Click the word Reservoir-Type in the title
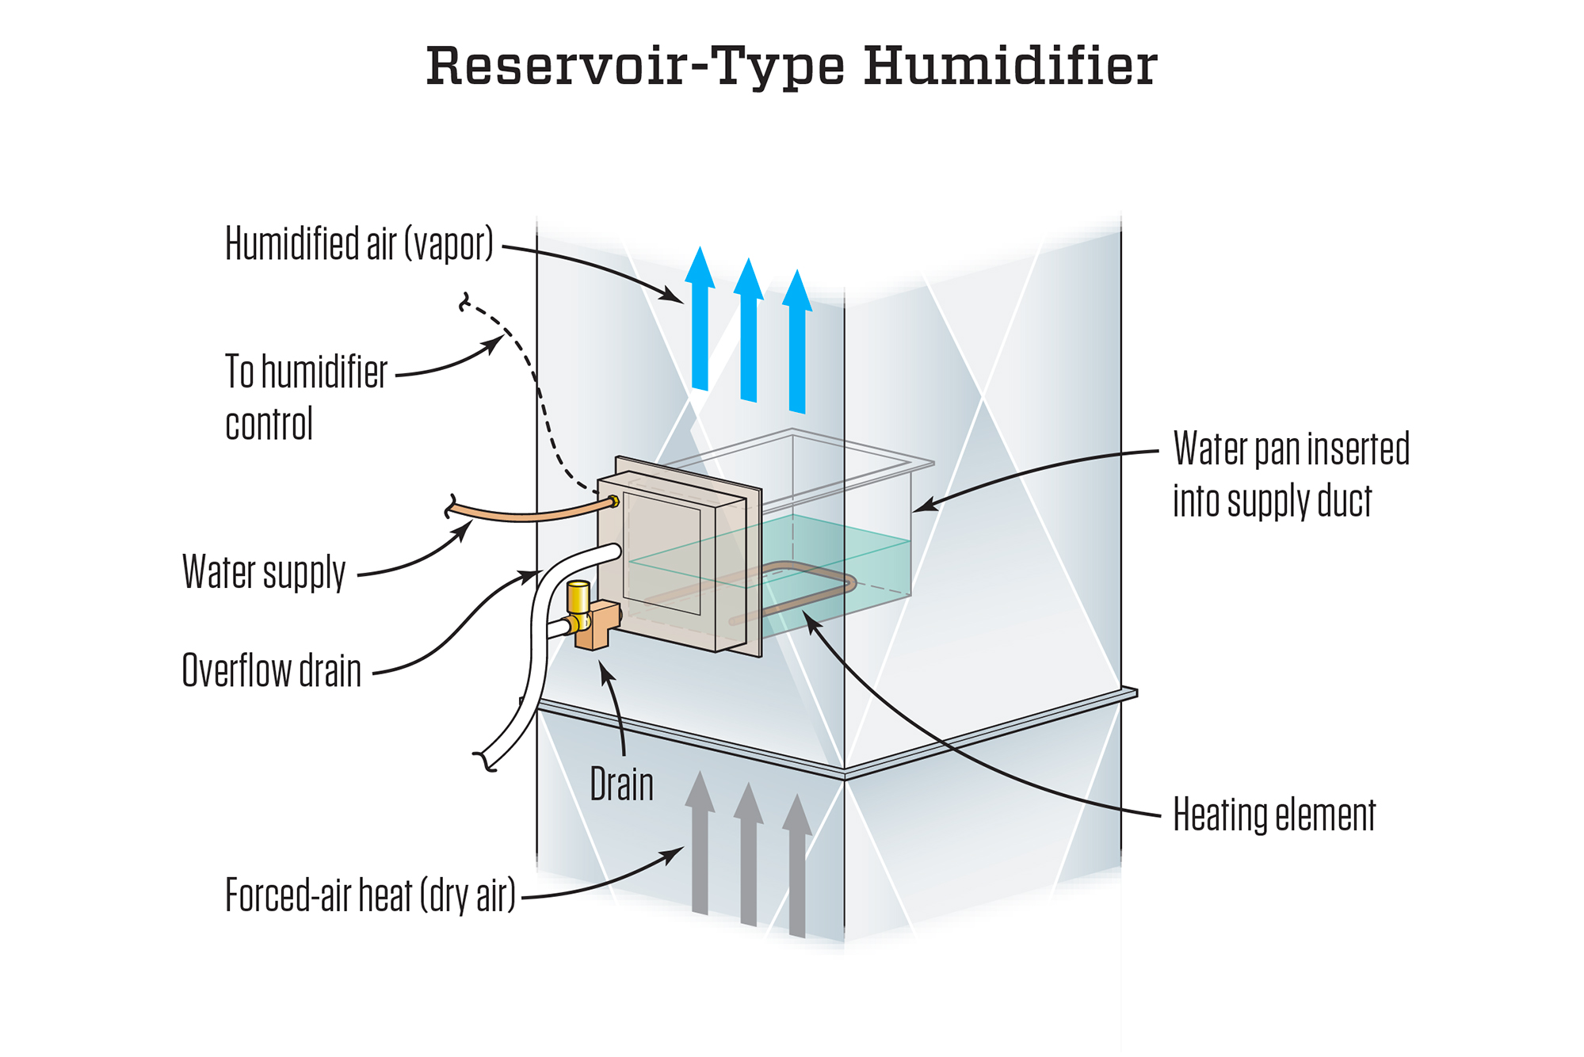point(635,67)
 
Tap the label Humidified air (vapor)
point(359,243)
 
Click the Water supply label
point(264,572)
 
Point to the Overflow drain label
point(271,671)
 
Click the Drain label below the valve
point(622,785)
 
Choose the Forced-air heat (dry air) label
point(370,895)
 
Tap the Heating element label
point(1273,815)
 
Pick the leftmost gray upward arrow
point(700,848)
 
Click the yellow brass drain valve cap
point(578,595)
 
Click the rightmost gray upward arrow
point(797,872)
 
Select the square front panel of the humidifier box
point(662,555)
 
